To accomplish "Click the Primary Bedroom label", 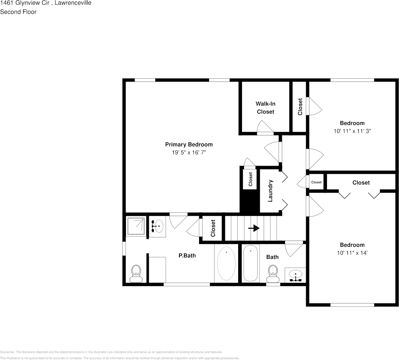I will pyautogui.click(x=189, y=145).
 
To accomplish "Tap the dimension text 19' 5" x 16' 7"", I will pyautogui.click(x=189, y=152).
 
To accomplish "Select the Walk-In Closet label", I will pyautogui.click(x=265, y=108).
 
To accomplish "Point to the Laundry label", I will pyautogui.click(x=270, y=191).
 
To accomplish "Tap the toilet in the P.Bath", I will pyautogui.click(x=136, y=273).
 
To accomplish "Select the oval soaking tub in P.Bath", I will pyautogui.click(x=226, y=263).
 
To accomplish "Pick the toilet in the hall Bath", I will pyautogui.click(x=272, y=273).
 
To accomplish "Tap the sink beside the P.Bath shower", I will pyautogui.click(x=156, y=226).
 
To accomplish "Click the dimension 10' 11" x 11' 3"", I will pyautogui.click(x=352, y=131).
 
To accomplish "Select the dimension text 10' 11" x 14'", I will pyautogui.click(x=352, y=253).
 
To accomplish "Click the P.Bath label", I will pyautogui.click(x=187, y=256).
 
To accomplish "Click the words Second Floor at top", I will pyautogui.click(x=18, y=12).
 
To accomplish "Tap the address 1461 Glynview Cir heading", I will pyautogui.click(x=46, y=3).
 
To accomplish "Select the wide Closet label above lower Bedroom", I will pyautogui.click(x=361, y=182).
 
